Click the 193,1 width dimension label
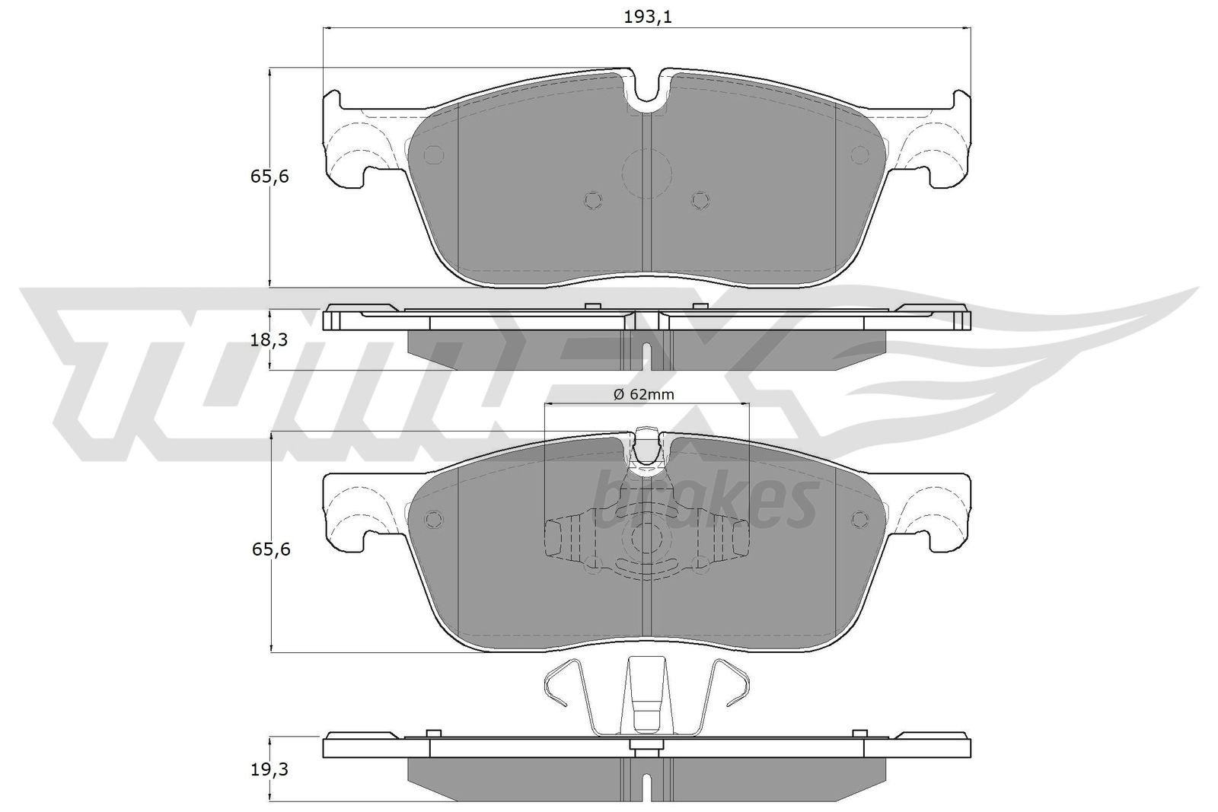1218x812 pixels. [x=647, y=17]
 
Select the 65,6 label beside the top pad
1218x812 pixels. [x=269, y=177]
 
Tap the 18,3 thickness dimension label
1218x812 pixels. [x=269, y=340]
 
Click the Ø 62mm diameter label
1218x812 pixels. [x=644, y=393]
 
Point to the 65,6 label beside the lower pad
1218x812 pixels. [x=269, y=549]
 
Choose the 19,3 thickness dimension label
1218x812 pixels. [x=269, y=769]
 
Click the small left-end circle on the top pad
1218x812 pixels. [x=433, y=154]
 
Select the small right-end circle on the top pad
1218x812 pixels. [x=859, y=154]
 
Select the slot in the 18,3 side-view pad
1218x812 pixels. [x=646, y=355]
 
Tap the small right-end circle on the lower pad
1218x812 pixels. [x=859, y=519]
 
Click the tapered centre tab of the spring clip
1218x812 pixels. [x=646, y=693]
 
